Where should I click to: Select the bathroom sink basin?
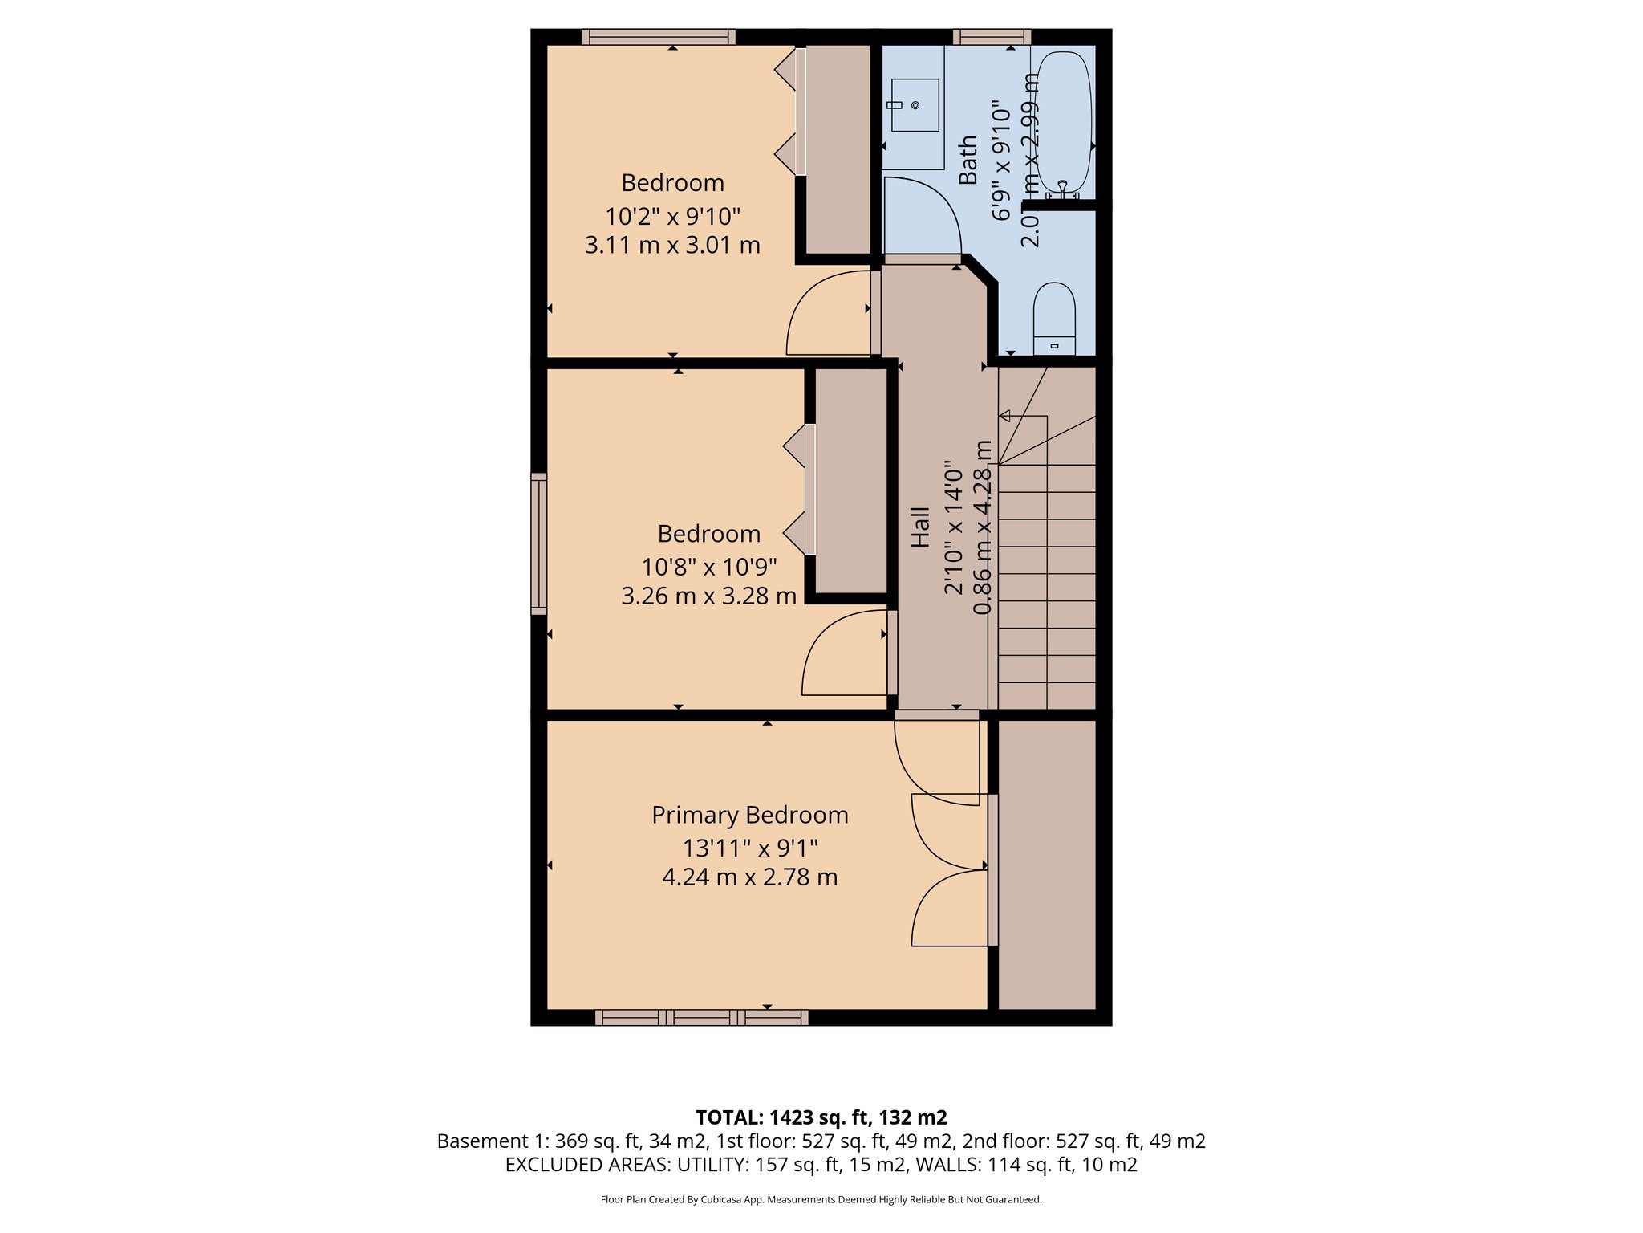pos(915,105)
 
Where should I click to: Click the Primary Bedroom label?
pos(749,815)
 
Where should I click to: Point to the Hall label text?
pos(920,527)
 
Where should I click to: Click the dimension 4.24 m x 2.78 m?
pos(749,877)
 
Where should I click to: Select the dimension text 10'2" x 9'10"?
pos(672,216)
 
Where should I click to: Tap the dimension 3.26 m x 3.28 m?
pos(708,596)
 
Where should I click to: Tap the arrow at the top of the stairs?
pos(1004,416)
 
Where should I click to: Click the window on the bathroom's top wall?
pos(992,36)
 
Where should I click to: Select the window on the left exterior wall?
pos(538,543)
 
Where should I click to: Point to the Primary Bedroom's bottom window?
pos(701,1018)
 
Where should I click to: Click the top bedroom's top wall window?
pos(658,36)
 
